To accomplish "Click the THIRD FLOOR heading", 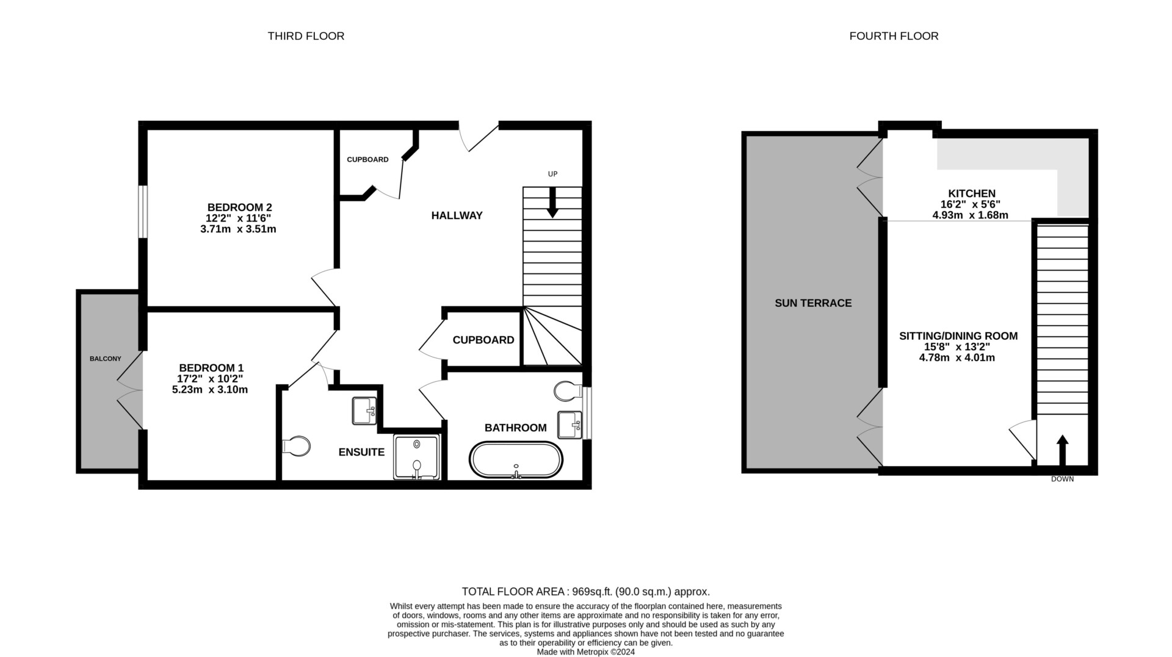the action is point(306,36).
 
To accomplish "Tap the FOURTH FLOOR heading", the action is point(894,36).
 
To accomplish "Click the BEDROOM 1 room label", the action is point(211,368).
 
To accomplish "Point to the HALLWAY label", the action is point(457,215).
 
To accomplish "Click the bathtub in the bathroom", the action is point(516,460).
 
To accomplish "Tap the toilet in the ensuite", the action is point(297,446).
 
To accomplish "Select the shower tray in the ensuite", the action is point(417,458).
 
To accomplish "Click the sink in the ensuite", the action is point(364,411).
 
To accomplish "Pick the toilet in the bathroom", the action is point(568,391).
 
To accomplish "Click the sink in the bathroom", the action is point(570,425).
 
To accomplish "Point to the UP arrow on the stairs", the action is point(552,202).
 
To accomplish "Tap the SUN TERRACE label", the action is point(813,303).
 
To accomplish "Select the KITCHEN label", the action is point(972,193).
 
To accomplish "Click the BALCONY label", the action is point(106,359).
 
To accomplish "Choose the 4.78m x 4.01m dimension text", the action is point(957,358).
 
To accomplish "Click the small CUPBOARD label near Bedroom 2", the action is point(367,160).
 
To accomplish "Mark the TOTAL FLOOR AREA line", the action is point(586,592).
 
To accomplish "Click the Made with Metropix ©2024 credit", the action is point(586,652).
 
